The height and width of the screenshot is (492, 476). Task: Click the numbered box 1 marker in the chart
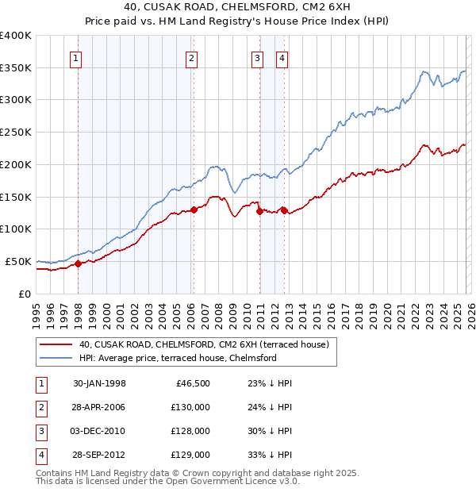click(x=75, y=57)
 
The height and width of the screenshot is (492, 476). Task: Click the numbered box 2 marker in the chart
click(x=191, y=57)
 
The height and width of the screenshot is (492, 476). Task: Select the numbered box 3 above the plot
click(x=258, y=57)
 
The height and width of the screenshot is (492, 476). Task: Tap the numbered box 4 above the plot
click(x=282, y=57)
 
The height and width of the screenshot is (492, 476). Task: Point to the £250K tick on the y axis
click(x=16, y=133)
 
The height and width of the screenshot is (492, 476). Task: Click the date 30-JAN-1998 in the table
click(x=99, y=383)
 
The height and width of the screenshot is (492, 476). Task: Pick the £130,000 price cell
click(x=190, y=407)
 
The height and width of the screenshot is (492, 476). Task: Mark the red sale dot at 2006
click(x=194, y=210)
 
